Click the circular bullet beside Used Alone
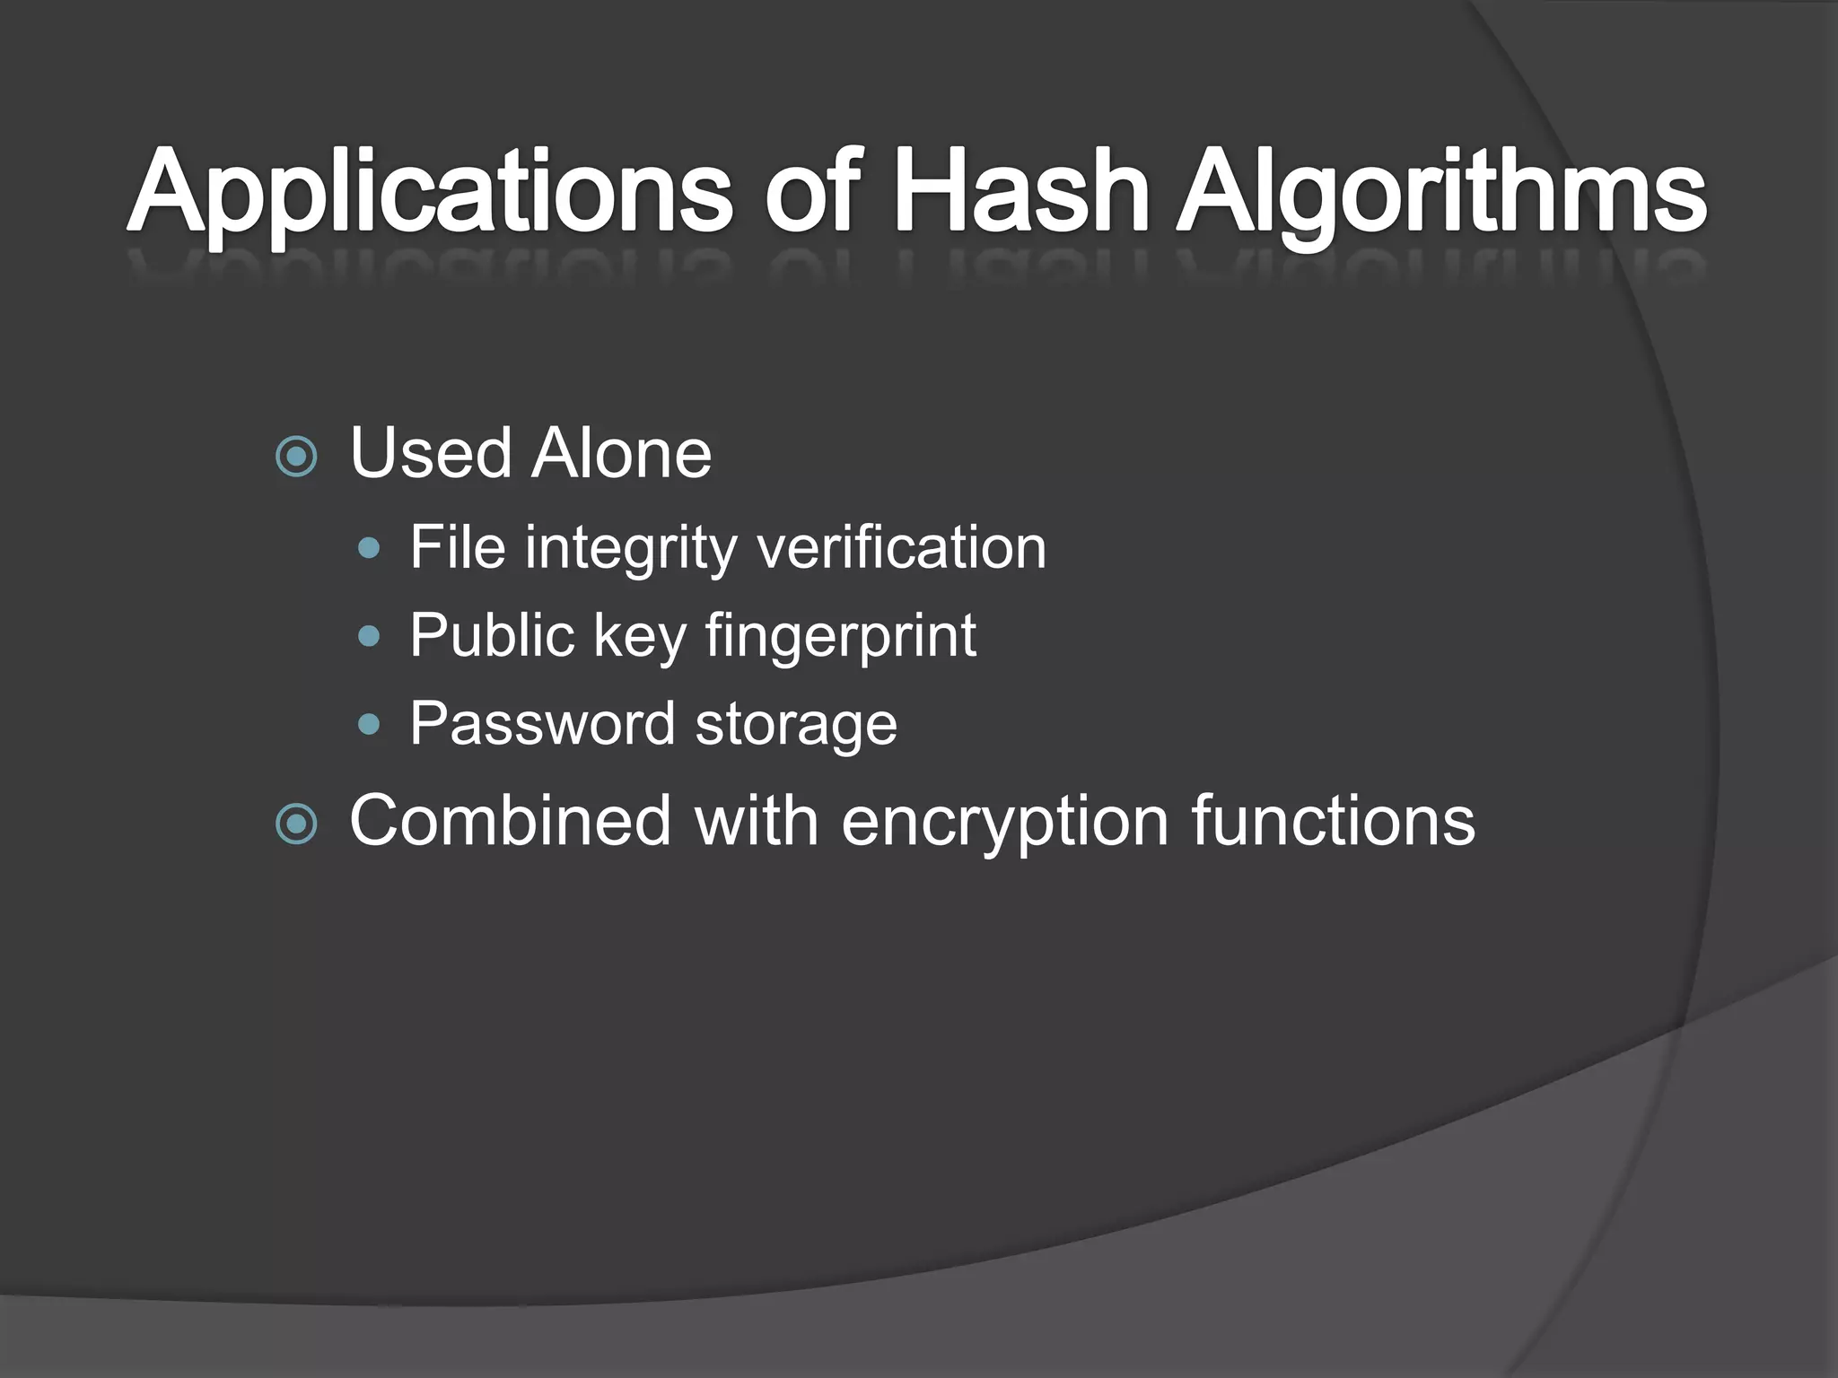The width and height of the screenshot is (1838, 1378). pyautogui.click(x=296, y=457)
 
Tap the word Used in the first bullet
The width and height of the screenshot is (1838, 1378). pyautogui.click(x=431, y=453)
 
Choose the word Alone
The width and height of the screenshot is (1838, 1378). pyautogui.click(x=621, y=453)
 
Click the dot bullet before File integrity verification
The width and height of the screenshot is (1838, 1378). pyautogui.click(x=369, y=548)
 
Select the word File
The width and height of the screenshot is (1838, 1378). pyautogui.click(x=458, y=547)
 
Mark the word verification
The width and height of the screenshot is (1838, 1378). pyautogui.click(x=902, y=547)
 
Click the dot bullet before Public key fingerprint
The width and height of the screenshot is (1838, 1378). pyautogui.click(x=369, y=636)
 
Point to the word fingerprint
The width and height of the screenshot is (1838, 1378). pyautogui.click(x=840, y=637)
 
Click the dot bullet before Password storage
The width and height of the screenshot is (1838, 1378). pyautogui.click(x=369, y=724)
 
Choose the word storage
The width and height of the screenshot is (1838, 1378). pyautogui.click(x=796, y=725)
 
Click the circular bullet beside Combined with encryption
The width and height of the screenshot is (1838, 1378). pyautogui.click(x=296, y=824)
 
